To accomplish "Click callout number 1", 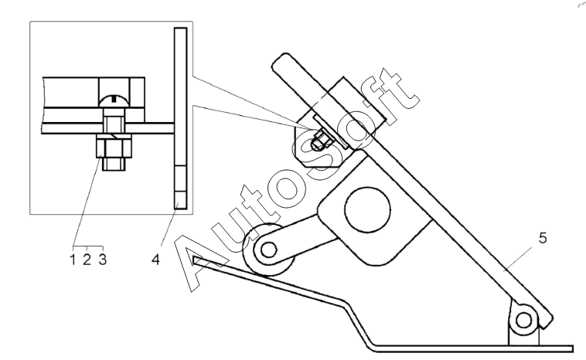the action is pos(73,259).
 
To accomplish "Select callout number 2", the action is pos(87,259).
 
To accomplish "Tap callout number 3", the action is pos(103,259).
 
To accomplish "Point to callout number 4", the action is pos(156,260).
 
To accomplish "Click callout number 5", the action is pos(543,238).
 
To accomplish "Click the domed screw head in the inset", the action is pos(114,100).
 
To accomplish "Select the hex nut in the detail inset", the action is pos(114,146).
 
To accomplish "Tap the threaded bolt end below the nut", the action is pos(114,164).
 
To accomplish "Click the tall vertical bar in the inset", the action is pos(180,118).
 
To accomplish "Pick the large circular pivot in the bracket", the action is pos(368,209).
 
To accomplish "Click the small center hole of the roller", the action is pos(268,250).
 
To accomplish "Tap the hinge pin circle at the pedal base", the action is pos(523,320).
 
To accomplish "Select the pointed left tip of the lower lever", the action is pos(193,259).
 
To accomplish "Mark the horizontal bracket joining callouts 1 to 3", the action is pos(88,246).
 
